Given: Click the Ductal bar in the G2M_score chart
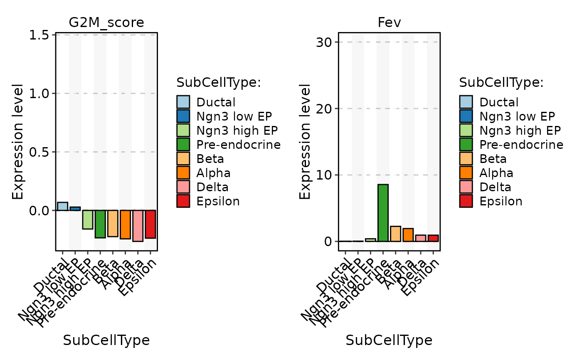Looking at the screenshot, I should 62,206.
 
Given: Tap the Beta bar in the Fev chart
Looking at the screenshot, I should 395,234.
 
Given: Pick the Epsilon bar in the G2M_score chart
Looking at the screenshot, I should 150,224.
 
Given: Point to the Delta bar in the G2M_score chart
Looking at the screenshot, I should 138,226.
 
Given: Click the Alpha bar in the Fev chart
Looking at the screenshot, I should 408,235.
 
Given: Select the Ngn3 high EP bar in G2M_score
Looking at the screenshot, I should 88,219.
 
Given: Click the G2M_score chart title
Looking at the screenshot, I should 106,23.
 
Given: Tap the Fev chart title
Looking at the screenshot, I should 389,23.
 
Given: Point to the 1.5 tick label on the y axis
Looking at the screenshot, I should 40,35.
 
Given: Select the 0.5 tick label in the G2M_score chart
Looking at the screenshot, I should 40,152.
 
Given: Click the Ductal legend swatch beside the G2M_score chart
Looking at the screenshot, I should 183,102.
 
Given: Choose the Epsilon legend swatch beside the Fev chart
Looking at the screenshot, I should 466,201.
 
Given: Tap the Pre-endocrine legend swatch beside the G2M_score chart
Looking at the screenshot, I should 183,144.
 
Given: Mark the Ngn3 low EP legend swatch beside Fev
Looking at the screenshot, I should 466,116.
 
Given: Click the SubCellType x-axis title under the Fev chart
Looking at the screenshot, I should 389,340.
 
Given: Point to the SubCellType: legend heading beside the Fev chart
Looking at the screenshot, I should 501,82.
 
